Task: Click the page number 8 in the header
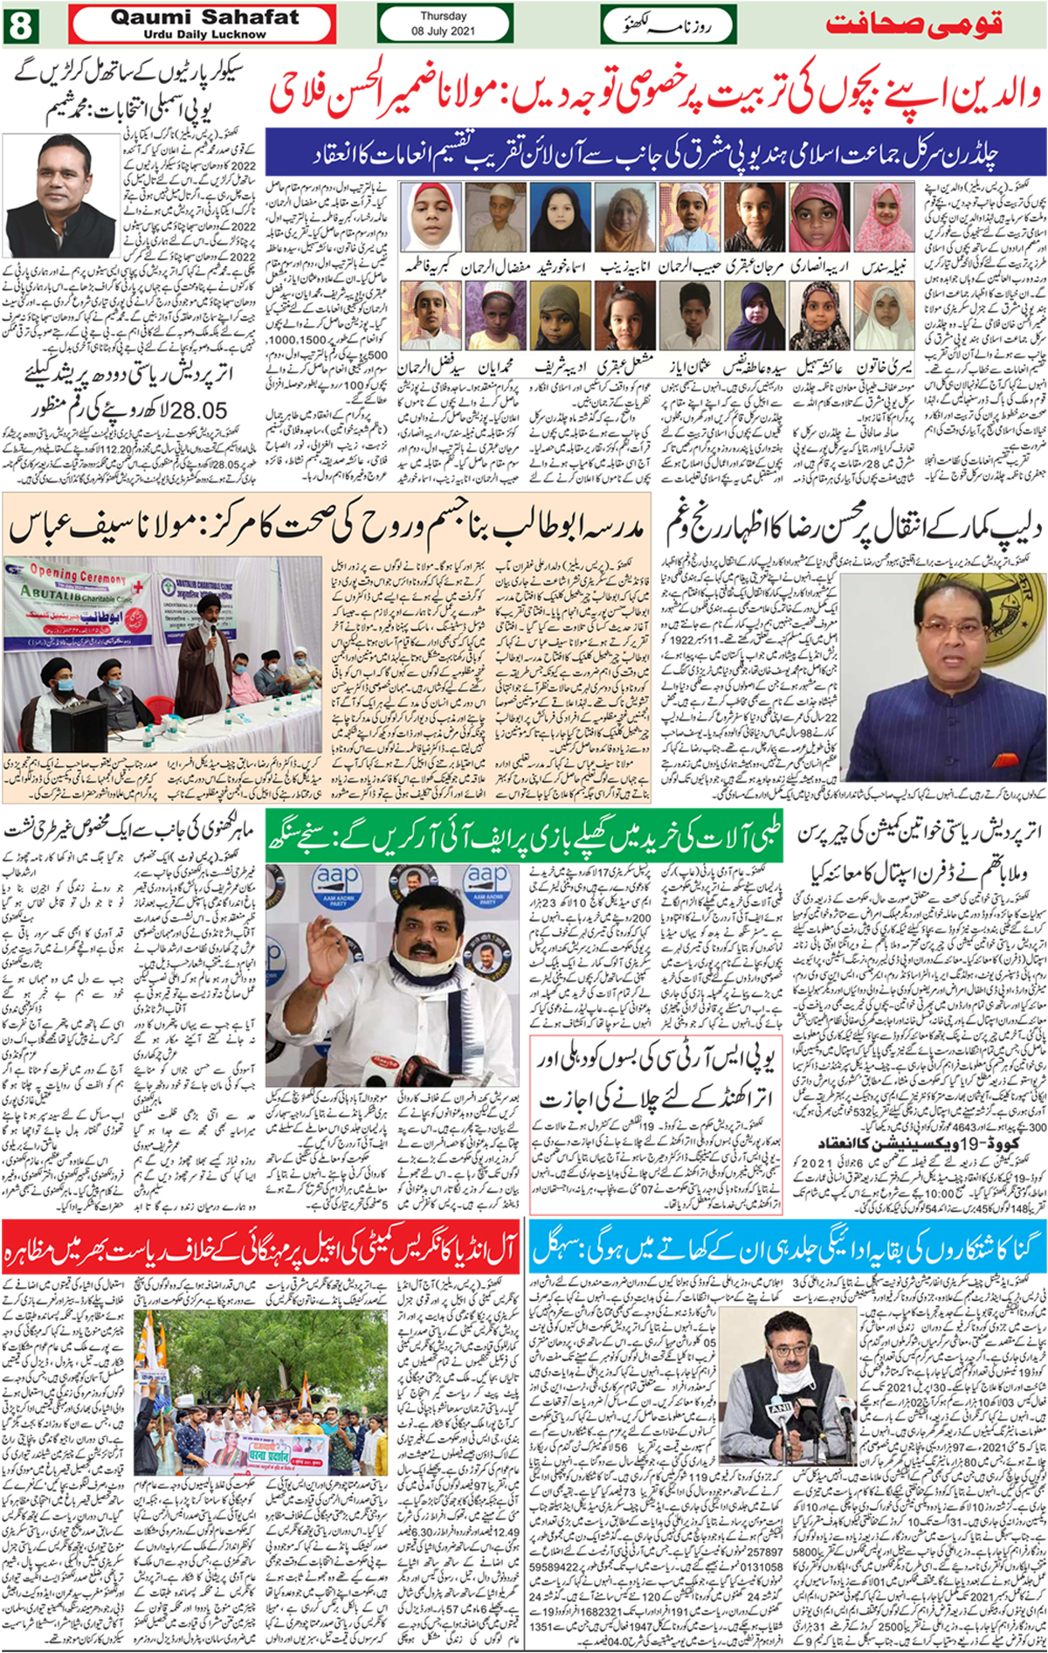pyautogui.click(x=19, y=24)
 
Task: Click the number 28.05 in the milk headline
pyautogui.click(x=198, y=411)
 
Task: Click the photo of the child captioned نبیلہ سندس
pyautogui.click(x=883, y=218)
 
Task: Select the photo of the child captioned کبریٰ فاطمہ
pyautogui.click(x=430, y=218)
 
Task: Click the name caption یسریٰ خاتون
pyautogui.click(x=885, y=368)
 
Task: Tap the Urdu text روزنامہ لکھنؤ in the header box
pyautogui.click(x=668, y=25)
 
